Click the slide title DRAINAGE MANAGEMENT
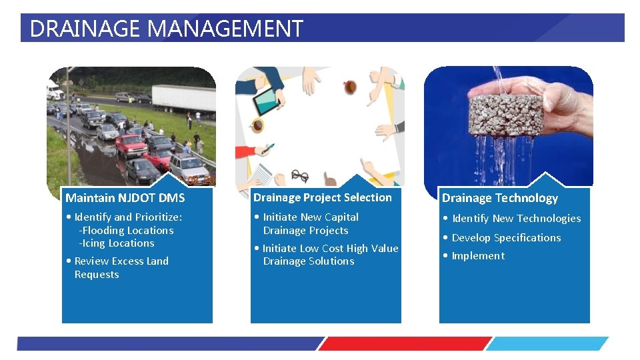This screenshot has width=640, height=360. click(166, 29)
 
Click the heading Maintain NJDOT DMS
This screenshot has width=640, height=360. click(125, 198)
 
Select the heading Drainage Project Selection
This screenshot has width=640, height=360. click(323, 197)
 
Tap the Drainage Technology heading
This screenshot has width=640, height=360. click(499, 198)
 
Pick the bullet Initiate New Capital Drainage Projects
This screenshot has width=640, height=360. click(310, 223)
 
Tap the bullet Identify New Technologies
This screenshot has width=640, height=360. click(515, 219)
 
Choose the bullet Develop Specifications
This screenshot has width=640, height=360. click(505, 238)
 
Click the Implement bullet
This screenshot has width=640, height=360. click(477, 256)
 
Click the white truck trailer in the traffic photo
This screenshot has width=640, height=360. click(184, 97)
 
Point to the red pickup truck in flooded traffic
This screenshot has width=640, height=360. click(131, 143)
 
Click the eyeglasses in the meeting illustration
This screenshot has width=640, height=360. click(300, 176)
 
